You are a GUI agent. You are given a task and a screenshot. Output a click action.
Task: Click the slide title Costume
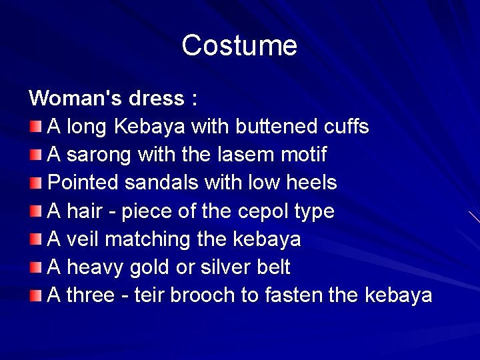pyautogui.click(x=239, y=45)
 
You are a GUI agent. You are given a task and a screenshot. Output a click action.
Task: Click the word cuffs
pyautogui.click(x=346, y=127)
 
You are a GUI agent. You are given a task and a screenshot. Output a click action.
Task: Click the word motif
pyautogui.click(x=303, y=155)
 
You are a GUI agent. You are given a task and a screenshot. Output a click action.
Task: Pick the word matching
pyautogui.click(x=149, y=239)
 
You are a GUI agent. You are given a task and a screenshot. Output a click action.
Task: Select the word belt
pyautogui.click(x=273, y=267)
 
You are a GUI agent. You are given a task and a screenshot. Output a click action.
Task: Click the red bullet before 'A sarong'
pyautogui.click(x=35, y=155)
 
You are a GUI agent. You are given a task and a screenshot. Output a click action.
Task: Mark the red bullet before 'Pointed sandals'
pyautogui.click(x=35, y=183)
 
